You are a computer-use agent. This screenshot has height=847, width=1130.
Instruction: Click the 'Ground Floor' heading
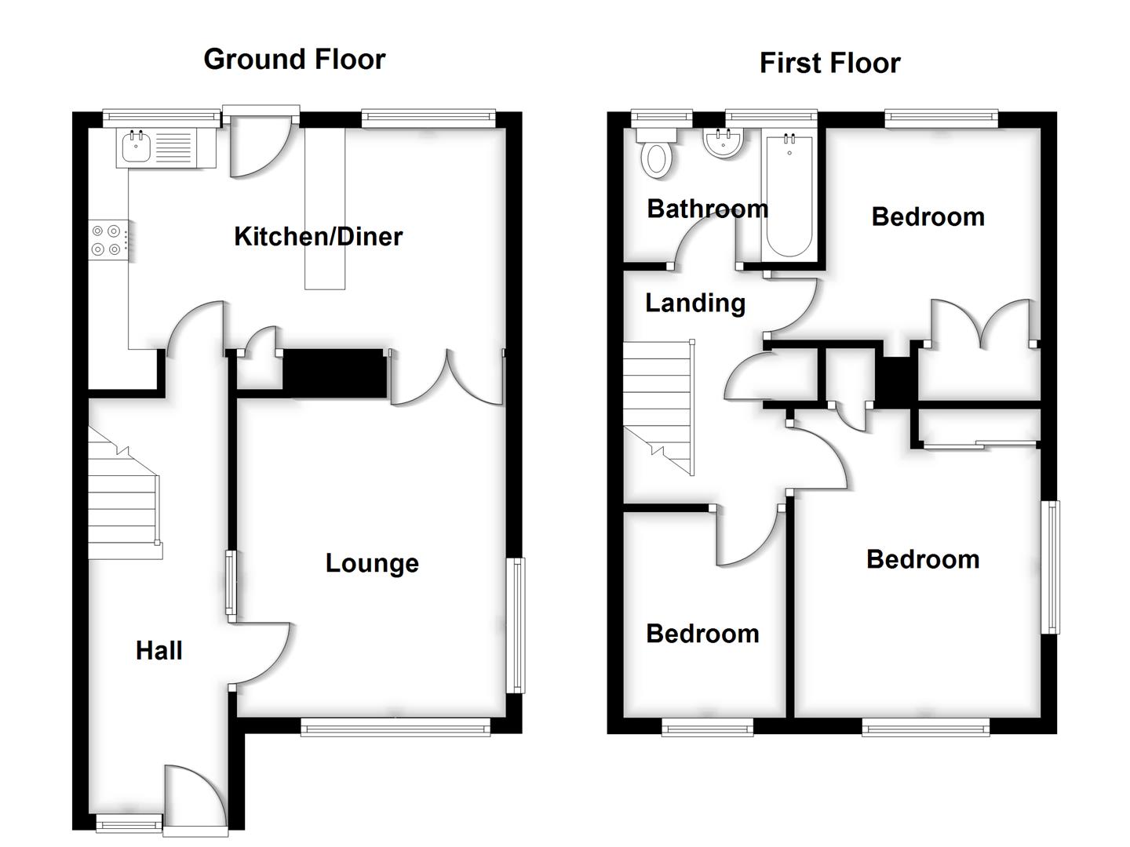tap(294, 60)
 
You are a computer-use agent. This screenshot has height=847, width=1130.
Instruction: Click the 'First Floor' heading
tap(829, 64)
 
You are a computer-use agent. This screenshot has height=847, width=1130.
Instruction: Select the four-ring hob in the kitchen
tap(107, 240)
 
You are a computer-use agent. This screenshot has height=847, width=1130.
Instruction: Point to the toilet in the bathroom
tap(657, 157)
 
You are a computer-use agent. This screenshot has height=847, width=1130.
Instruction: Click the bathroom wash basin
tap(723, 144)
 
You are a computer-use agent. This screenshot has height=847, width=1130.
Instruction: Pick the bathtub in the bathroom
tap(789, 196)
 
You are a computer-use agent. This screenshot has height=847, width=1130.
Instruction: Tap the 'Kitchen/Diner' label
tap(318, 236)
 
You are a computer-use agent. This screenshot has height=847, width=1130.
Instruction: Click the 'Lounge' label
tap(372, 563)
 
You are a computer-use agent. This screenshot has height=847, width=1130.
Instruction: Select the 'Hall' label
tap(159, 650)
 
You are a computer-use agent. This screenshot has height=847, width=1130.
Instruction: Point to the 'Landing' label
tap(694, 303)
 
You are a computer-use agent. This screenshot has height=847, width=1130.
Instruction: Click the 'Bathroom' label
tap(707, 209)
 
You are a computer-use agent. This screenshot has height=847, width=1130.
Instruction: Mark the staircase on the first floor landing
tap(658, 408)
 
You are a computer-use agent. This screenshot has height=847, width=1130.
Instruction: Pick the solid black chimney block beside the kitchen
tap(334, 373)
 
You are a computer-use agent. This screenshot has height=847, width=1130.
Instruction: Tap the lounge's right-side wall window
tap(516, 625)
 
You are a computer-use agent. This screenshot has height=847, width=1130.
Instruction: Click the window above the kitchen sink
tap(162, 118)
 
